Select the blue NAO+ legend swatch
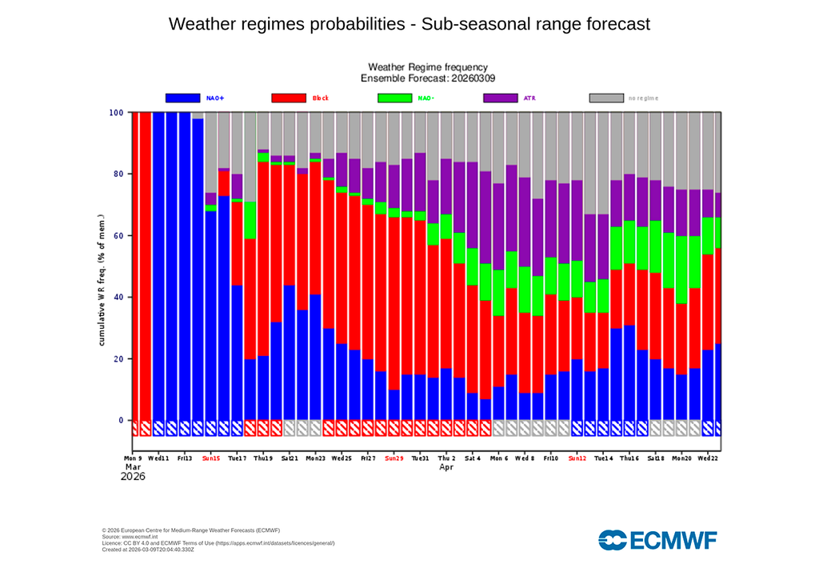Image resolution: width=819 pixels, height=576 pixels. [182, 98]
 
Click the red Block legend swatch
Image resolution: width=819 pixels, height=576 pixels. [289, 98]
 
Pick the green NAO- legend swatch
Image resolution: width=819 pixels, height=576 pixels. [394, 98]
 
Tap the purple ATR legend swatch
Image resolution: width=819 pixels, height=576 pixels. [501, 98]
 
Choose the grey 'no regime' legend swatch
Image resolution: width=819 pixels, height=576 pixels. [606, 98]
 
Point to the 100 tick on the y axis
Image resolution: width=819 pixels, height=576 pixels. [116, 113]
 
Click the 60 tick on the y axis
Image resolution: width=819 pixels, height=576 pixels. [118, 236]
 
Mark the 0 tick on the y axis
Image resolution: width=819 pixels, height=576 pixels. [121, 421]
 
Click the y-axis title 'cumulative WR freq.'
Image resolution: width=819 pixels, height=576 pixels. [102, 280]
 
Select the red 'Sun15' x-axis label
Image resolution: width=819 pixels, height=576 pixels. [211, 459]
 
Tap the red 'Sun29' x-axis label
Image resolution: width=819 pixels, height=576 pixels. [394, 459]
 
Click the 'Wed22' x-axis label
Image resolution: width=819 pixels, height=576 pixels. [707, 459]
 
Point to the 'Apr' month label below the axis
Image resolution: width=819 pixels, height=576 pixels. [446, 467]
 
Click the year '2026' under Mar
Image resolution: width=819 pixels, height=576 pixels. [133, 477]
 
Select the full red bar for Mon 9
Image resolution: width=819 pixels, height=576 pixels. [135, 264]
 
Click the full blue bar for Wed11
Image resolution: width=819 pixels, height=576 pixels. [158, 264]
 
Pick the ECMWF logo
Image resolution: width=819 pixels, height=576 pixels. [657, 540]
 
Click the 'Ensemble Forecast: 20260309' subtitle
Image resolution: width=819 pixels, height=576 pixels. [427, 78]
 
